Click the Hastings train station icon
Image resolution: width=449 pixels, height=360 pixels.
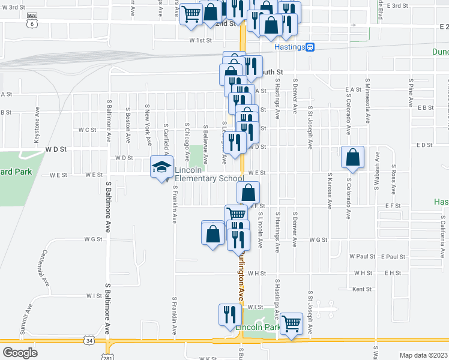coord(310,47)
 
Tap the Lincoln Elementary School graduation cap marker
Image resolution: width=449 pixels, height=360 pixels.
coord(161,167)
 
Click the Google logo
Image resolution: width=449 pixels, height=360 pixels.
coord(20,352)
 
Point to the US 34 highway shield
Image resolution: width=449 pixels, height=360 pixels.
coord(89,341)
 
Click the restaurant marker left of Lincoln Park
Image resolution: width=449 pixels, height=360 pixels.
coord(230,316)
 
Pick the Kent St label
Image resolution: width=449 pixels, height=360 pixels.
coord(361,289)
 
